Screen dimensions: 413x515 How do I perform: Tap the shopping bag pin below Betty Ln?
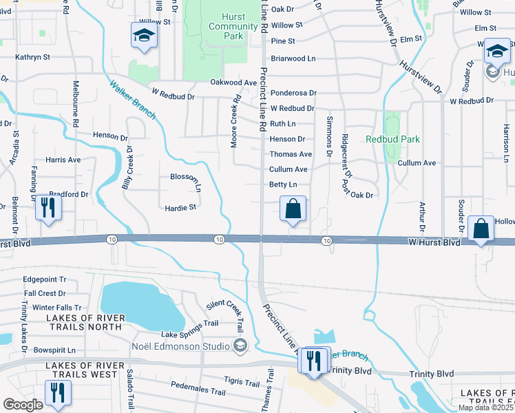tap(293, 209)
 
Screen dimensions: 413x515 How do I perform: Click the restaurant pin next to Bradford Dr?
tap(48, 206)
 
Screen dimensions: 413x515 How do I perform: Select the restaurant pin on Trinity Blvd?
tap(314, 362)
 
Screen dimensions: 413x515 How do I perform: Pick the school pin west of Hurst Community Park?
tap(145, 36)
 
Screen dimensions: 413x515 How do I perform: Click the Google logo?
tap(23, 404)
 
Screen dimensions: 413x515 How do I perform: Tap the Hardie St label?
tap(180, 206)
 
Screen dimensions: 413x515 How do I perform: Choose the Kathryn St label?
tap(32, 59)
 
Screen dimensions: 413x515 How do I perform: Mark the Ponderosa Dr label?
tap(293, 92)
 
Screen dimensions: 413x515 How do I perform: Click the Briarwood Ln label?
tap(293, 59)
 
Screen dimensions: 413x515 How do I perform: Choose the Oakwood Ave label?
tap(233, 83)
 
